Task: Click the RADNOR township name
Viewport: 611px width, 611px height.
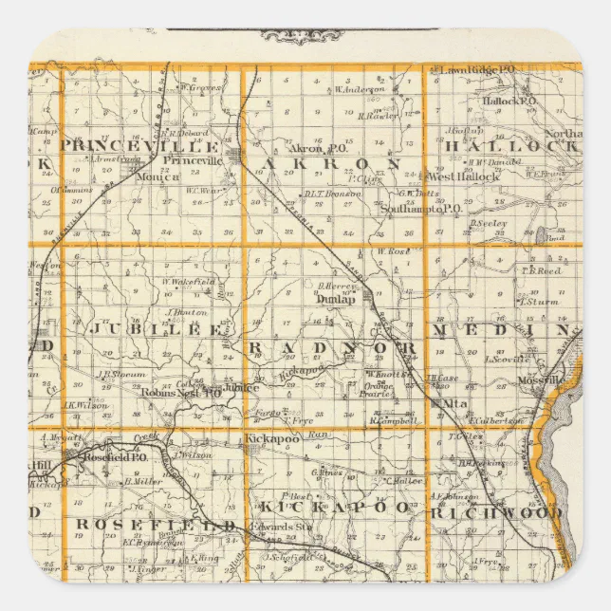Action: pos(332,349)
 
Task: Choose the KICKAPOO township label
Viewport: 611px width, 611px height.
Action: pos(333,507)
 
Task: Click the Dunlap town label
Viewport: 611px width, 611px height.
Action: pos(337,298)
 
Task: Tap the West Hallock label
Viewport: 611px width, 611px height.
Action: pos(464,176)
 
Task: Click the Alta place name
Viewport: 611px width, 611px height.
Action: pos(446,403)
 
